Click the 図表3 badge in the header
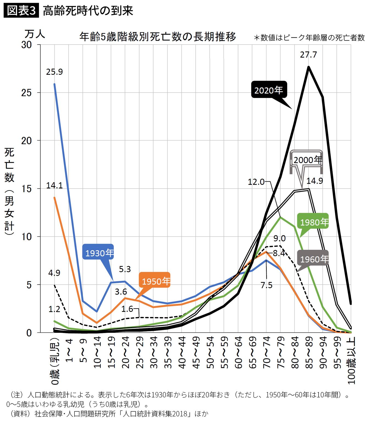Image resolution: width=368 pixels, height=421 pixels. (x=21, y=11)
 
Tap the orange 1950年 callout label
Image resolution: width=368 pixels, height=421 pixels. (x=155, y=281)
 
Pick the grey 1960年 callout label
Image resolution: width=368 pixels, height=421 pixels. (x=313, y=259)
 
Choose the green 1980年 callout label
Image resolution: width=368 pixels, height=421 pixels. (x=313, y=222)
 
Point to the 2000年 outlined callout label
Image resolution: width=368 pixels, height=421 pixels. (x=306, y=160)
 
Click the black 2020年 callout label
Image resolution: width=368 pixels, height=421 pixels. (x=269, y=90)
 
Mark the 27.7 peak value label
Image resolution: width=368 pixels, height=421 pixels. (x=308, y=55)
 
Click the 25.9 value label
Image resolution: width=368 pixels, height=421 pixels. (x=54, y=72)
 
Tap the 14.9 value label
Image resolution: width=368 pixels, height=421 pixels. (x=314, y=181)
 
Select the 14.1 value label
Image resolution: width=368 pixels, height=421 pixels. (x=54, y=186)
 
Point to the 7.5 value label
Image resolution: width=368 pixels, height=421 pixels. (x=266, y=285)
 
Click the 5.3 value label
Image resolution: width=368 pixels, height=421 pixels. (x=125, y=269)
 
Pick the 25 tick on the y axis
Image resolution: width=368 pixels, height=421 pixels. (x=27, y=93)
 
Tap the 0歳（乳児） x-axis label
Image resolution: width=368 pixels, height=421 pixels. (x=55, y=360)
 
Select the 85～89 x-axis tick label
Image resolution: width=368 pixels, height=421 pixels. (x=309, y=353)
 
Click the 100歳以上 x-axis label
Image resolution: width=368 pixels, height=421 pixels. (x=351, y=360)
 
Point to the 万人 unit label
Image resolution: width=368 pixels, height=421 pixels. (x=35, y=34)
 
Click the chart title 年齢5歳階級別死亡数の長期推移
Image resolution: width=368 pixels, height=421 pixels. (x=158, y=37)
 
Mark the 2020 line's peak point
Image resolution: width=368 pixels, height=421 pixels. (x=309, y=67)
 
